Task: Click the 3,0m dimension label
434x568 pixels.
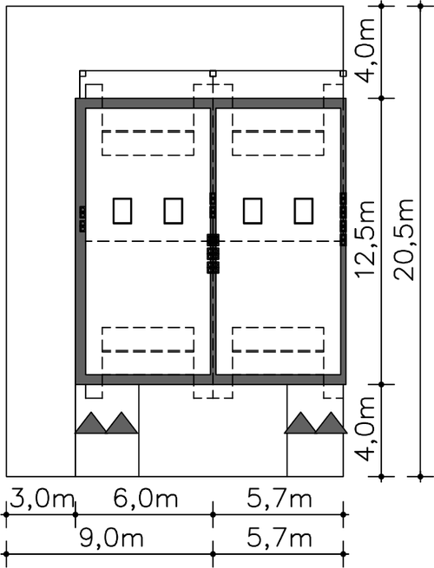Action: [42, 499]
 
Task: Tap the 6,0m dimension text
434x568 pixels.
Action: [146, 499]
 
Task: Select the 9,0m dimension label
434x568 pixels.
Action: [111, 539]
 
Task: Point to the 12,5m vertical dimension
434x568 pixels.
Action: [365, 239]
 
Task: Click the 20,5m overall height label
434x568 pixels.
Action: [404, 239]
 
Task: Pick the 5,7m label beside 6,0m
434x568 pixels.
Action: [279, 499]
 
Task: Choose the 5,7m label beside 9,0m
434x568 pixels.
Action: [279, 539]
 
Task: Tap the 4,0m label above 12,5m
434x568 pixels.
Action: [365, 49]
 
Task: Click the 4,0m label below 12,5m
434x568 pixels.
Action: [365, 428]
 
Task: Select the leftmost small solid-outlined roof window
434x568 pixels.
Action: [122, 211]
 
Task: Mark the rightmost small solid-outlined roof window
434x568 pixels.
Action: [304, 211]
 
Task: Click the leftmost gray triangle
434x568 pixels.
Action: [90, 422]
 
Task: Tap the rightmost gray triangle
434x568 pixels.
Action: [332, 422]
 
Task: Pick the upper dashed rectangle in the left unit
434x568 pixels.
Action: [148, 143]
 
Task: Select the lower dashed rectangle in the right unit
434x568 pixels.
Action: [278, 339]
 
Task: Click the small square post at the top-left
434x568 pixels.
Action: [82, 74]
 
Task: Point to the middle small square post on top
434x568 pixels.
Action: [213, 74]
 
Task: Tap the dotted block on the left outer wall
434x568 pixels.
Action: [82, 219]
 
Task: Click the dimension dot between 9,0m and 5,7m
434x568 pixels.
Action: [213, 554]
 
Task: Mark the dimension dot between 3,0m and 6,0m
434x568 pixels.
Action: [75, 514]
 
